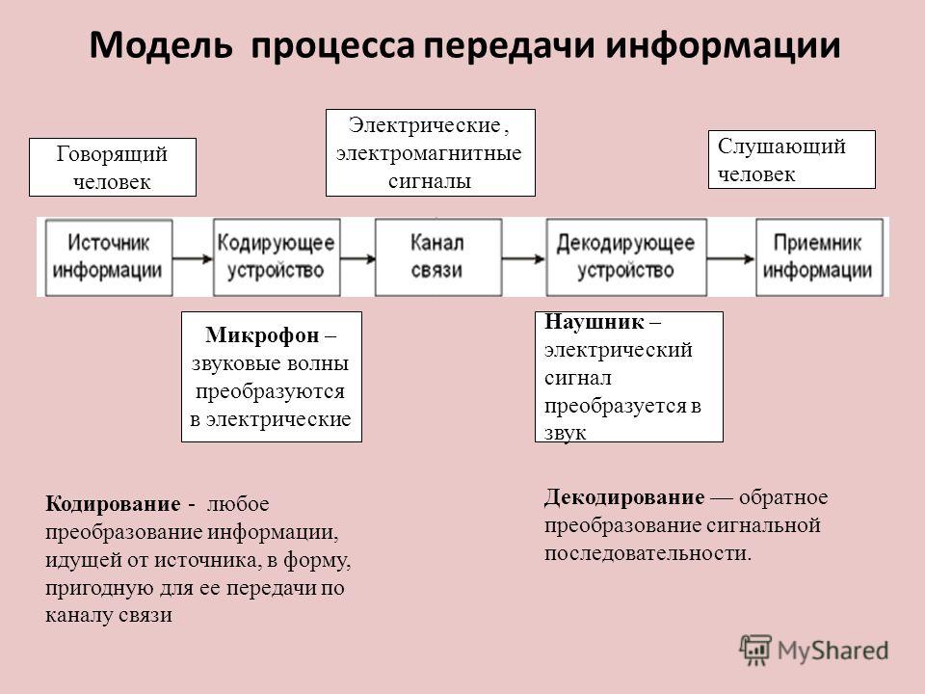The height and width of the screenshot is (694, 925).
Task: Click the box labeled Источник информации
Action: (x=109, y=257)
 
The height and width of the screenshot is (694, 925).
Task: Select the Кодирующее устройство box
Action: (x=277, y=257)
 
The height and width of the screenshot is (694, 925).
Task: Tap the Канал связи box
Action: (x=438, y=257)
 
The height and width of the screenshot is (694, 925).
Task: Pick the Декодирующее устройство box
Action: (x=626, y=257)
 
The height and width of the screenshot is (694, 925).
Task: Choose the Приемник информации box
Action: (x=819, y=257)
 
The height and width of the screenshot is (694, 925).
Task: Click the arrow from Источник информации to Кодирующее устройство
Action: (x=193, y=258)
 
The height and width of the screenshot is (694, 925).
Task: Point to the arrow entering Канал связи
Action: (x=358, y=258)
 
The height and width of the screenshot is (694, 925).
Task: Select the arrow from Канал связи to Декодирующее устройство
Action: (x=524, y=258)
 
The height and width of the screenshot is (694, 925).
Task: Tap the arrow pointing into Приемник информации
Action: (x=731, y=258)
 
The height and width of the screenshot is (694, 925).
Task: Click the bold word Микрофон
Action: (x=262, y=335)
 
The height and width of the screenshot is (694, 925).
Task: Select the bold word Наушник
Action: (x=595, y=322)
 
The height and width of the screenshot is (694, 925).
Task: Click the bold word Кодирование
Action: (x=113, y=504)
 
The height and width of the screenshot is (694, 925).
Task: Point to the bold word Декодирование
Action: (x=624, y=497)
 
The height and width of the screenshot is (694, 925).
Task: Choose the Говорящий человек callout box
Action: (x=113, y=167)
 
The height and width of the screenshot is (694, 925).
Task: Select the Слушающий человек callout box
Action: (x=792, y=159)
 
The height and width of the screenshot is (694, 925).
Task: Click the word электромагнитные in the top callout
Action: (x=429, y=153)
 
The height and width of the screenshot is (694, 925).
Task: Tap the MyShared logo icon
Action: (x=755, y=651)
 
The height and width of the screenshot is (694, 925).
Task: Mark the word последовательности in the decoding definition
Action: (x=647, y=553)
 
